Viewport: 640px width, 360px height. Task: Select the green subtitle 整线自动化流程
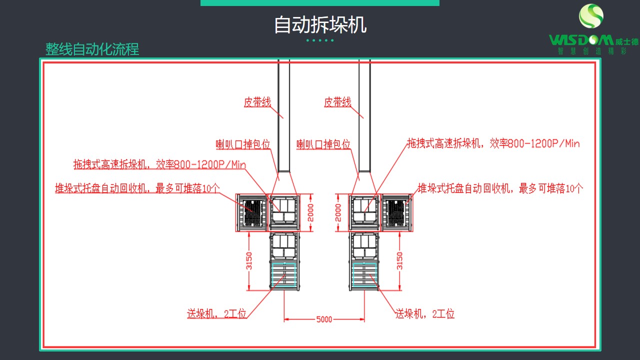[x=92, y=49]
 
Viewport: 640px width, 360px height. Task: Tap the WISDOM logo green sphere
[x=591, y=16]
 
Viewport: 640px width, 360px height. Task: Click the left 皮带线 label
[x=257, y=102]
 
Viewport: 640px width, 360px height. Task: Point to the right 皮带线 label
[x=337, y=102]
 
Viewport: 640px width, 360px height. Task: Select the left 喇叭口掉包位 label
[x=243, y=144]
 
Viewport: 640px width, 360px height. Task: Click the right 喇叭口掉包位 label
[x=323, y=144]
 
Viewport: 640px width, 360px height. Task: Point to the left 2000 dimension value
[x=310, y=212]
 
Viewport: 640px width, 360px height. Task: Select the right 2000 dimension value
[x=338, y=212]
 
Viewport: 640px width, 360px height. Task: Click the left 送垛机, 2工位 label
[x=217, y=314]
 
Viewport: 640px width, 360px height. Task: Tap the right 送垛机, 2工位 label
[x=425, y=314]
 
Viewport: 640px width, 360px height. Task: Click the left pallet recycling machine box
[x=252, y=212]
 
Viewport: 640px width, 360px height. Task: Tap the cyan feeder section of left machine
[x=284, y=275]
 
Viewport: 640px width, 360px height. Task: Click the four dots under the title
[x=320, y=40]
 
